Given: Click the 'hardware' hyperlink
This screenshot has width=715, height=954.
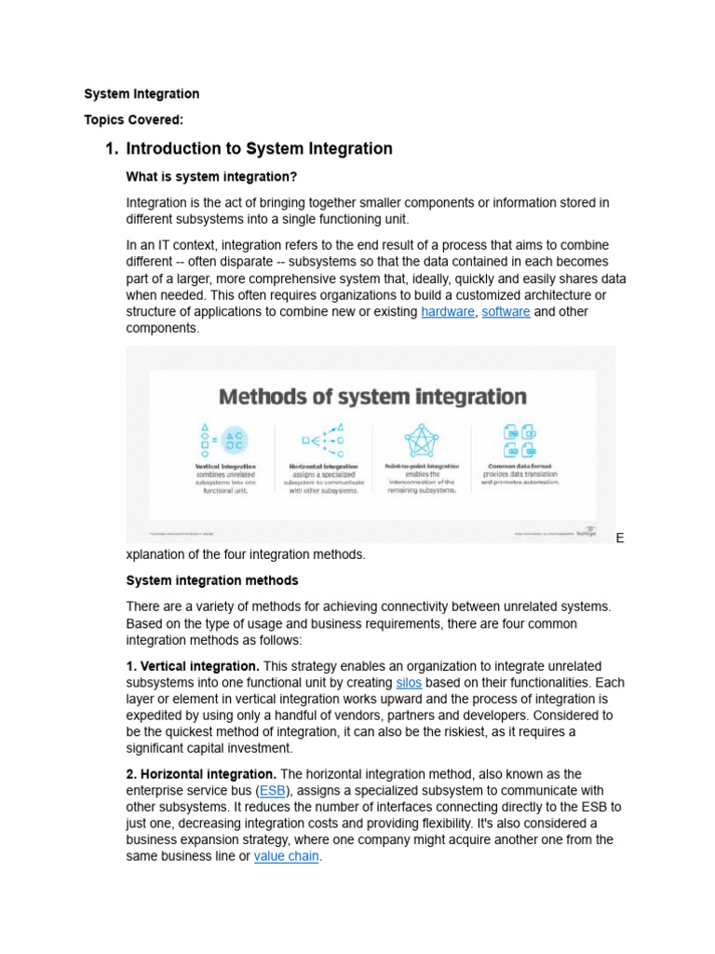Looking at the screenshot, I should [x=447, y=312].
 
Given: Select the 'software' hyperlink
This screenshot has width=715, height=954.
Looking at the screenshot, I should [x=506, y=312].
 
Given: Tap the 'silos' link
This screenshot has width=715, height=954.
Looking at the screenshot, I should [x=409, y=683].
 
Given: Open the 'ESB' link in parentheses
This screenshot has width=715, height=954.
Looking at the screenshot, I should [x=273, y=791].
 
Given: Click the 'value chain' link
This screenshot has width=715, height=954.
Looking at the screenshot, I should [x=286, y=856].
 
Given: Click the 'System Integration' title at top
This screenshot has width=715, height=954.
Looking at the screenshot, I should [x=142, y=94].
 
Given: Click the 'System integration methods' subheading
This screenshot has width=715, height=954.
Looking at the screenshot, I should [x=212, y=580].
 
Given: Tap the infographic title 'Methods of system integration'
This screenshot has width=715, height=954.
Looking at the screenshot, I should [x=372, y=397].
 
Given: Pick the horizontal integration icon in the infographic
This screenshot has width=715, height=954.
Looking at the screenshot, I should [x=323, y=439].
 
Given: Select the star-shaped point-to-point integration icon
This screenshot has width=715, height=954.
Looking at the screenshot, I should [x=422, y=439].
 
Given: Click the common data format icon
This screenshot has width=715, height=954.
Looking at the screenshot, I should [x=519, y=439].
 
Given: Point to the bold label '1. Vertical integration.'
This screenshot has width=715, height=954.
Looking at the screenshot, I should [x=193, y=666].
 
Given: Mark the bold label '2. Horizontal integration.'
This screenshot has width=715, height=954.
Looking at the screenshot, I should [x=201, y=774].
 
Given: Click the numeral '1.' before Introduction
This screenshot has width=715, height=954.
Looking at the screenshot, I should [x=112, y=149].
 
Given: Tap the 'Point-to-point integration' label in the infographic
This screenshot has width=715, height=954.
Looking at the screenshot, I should [x=422, y=465].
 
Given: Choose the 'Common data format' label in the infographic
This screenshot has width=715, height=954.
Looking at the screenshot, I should [x=519, y=465].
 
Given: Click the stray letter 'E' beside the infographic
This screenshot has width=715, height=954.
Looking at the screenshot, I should [x=620, y=539].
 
